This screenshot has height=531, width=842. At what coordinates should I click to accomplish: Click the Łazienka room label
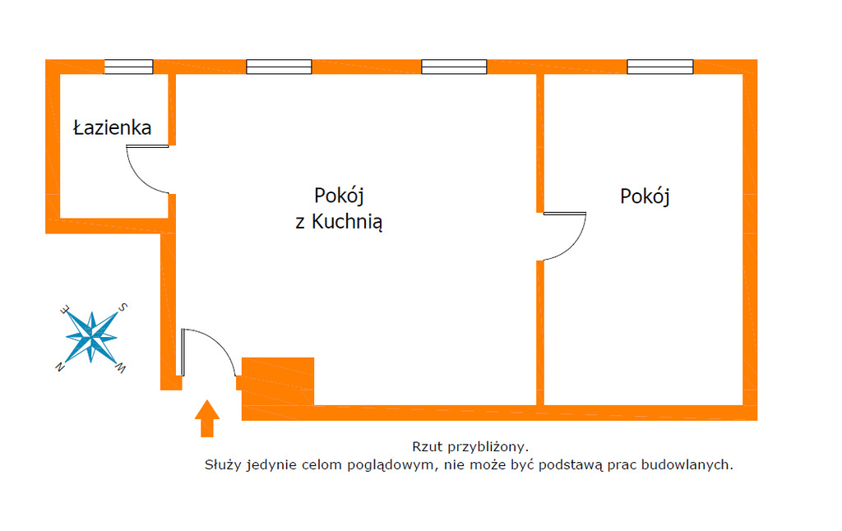(x=112, y=127)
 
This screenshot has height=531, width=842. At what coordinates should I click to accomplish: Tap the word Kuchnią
(x=347, y=221)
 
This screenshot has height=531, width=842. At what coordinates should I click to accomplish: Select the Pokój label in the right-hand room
(x=645, y=196)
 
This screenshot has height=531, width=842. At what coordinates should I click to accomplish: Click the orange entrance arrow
(x=206, y=418)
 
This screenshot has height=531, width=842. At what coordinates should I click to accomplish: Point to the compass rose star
(x=91, y=338)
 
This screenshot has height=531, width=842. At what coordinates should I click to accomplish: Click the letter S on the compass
(x=123, y=307)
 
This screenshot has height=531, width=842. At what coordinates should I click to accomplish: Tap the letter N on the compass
(x=60, y=367)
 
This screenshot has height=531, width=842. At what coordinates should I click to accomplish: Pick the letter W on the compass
(x=122, y=368)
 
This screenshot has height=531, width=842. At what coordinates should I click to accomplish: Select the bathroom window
(x=128, y=67)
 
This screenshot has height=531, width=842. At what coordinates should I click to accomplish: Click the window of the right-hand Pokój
(x=660, y=67)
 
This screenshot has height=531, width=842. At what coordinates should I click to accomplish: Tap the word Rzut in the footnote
(x=428, y=446)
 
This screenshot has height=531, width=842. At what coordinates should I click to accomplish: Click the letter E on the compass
(x=65, y=309)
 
